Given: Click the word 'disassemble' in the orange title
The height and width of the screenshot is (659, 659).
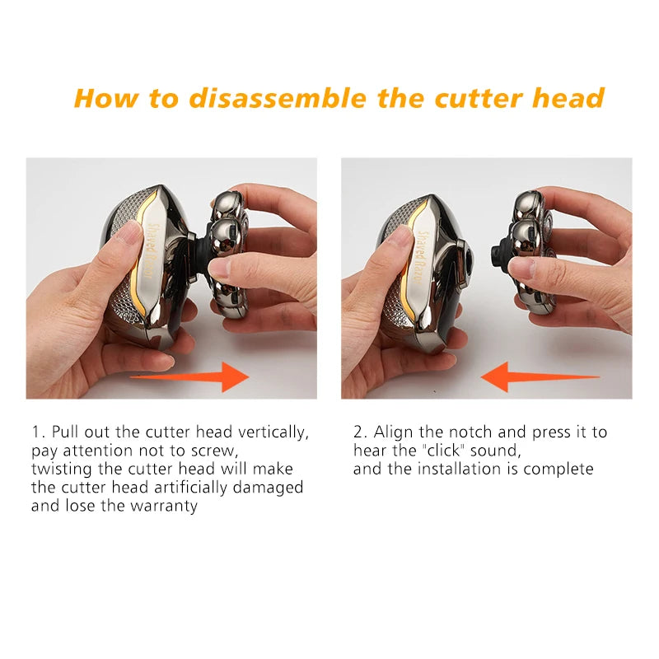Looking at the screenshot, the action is (278, 98).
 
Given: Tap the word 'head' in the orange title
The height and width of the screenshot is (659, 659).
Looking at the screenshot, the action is (568, 98).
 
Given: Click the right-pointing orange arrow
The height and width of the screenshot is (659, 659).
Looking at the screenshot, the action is (189, 377).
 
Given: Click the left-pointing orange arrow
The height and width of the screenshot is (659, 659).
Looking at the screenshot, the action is (540, 376).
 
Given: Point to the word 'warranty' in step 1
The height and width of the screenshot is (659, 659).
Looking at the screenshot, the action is (164, 506).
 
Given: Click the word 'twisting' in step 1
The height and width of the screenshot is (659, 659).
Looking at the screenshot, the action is (61, 469).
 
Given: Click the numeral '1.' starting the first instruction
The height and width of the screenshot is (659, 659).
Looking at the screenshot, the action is (38, 432).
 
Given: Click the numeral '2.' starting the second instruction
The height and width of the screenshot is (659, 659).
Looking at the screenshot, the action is (361, 432).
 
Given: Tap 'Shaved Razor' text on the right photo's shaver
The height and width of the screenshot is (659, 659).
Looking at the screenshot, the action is (422, 257).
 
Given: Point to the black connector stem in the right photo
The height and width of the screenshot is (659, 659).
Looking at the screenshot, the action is (500, 255).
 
